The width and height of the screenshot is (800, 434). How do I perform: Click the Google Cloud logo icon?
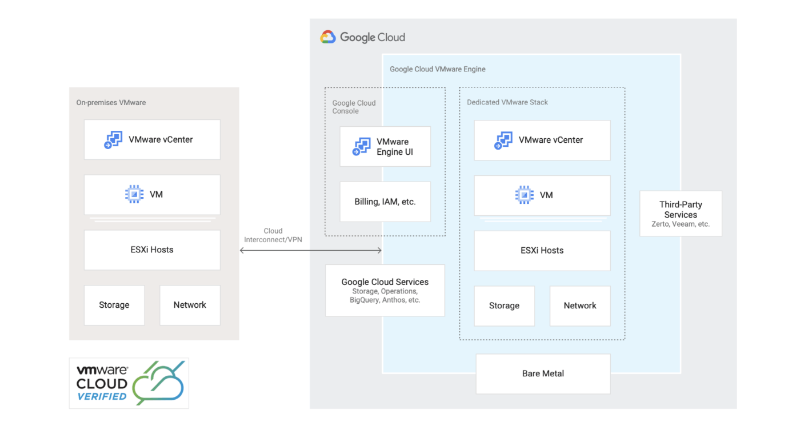(328, 37)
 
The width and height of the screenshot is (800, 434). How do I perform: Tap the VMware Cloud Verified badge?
(129, 383)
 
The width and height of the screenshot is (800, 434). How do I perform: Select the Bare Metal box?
(543, 373)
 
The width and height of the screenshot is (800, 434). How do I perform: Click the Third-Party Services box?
(681, 214)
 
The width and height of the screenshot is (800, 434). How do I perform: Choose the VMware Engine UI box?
(385, 147)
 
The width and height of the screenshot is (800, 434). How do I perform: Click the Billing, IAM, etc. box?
(385, 202)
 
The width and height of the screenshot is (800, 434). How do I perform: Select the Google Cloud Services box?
(385, 290)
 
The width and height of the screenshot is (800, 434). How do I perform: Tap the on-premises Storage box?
(114, 305)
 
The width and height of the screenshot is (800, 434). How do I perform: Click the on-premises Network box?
(190, 305)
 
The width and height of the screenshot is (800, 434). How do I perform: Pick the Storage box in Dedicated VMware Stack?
(504, 306)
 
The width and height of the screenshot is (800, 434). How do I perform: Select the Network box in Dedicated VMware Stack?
(580, 306)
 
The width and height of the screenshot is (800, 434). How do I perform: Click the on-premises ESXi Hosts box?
(152, 250)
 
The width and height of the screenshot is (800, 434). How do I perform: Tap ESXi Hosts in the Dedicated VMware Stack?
(542, 250)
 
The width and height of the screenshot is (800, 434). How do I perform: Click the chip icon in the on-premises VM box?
(134, 194)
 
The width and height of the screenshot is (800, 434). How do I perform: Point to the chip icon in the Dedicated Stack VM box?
(525, 195)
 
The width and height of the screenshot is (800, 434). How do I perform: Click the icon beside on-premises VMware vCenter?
(113, 140)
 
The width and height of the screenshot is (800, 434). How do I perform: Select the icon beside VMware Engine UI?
(362, 147)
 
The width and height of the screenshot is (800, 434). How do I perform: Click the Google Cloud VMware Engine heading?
(438, 69)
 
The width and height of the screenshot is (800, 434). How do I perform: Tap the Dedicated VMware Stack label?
(507, 102)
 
